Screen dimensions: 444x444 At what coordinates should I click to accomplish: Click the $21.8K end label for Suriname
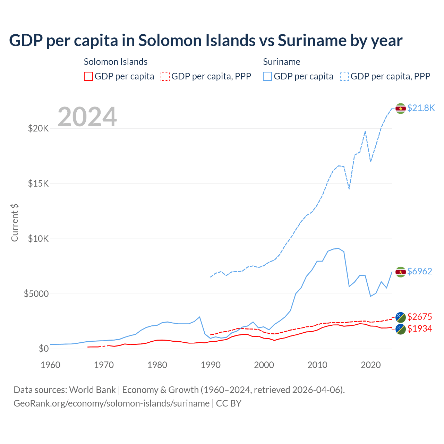coord(421,108)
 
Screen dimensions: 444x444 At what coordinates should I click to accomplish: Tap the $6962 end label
coord(420,271)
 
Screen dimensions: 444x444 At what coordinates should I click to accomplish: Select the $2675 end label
coord(420,317)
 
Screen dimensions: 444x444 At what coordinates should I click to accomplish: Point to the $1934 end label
coord(420,328)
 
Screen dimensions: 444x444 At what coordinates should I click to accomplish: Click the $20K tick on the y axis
coord(39,129)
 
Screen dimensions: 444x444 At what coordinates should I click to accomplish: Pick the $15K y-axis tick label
coord(39,183)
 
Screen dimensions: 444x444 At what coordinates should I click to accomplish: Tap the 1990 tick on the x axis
coord(211,365)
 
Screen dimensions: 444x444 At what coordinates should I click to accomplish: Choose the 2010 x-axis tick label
coord(317,365)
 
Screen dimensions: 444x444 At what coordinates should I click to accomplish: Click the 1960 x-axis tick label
coord(51,365)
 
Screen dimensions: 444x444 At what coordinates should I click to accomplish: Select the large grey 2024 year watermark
coord(87,117)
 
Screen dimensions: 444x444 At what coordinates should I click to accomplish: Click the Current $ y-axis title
coord(15,222)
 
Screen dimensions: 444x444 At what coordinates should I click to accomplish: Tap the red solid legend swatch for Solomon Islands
coord(88,76)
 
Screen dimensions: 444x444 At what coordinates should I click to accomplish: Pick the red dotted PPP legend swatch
coord(165,76)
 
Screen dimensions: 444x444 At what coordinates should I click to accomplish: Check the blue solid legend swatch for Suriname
coord(267,76)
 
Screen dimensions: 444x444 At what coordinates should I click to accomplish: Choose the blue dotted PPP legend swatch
coord(344,76)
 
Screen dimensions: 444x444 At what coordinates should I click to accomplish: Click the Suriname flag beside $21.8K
coord(401,109)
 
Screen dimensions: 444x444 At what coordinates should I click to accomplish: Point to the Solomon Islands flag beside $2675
coord(401,317)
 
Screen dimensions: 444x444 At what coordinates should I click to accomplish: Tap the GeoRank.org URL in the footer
coord(111,403)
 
